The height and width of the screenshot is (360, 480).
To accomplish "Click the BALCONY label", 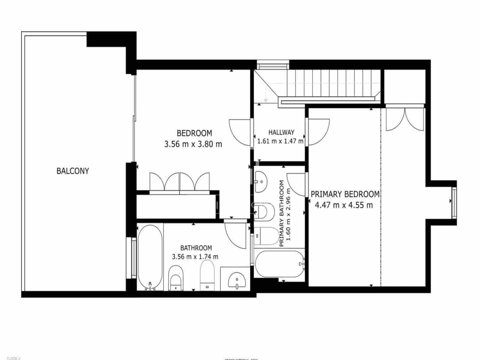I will (x=73, y=171).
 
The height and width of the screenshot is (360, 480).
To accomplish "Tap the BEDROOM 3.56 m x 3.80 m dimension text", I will (x=193, y=144).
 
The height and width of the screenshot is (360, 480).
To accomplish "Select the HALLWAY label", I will (x=281, y=132).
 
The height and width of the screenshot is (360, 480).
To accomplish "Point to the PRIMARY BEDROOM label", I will (x=345, y=194).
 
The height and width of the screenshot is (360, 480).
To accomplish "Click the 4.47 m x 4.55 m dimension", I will (x=344, y=205).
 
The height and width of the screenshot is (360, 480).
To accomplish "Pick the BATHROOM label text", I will (x=196, y=248).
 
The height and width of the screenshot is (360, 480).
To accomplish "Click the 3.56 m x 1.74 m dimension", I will (x=195, y=257).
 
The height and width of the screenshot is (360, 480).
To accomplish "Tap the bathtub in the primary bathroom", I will (x=279, y=264).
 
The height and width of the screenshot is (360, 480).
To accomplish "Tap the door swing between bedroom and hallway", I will (x=240, y=132).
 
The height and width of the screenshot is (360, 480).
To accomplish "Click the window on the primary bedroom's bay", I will (x=454, y=202).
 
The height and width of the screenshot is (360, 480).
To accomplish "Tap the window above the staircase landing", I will (x=273, y=65).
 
